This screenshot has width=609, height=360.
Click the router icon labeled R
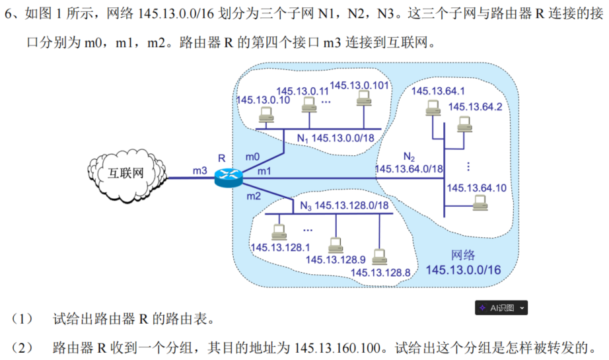pos(229,176)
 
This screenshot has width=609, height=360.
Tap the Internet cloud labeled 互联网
pos(126,174)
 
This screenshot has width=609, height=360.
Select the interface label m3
pos(199,170)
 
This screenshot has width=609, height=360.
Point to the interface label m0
pos(252,157)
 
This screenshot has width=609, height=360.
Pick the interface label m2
pos(254,196)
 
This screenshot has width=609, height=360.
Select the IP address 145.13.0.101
pos(359,85)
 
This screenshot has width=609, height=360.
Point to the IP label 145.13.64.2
pos(476,106)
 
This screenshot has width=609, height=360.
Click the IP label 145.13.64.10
pos(476,188)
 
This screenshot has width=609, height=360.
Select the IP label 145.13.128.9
pos(336,260)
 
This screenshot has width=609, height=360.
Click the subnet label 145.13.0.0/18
pos(342,138)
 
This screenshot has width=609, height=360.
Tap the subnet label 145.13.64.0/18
pos(409,169)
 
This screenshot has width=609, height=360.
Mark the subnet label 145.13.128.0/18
pos(351,205)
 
